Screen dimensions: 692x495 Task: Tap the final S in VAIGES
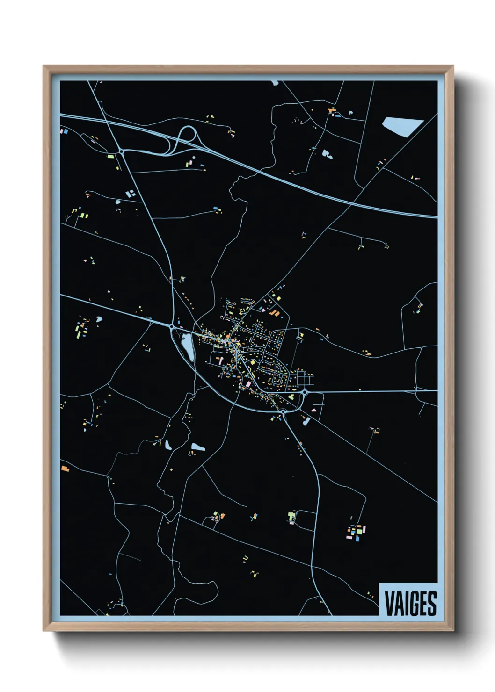point(432,604)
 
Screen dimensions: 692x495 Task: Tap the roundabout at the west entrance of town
point(172,326)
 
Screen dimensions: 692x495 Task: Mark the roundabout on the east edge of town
point(304,392)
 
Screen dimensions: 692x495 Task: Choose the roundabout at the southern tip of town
point(283,411)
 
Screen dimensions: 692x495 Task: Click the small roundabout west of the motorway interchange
point(122,151)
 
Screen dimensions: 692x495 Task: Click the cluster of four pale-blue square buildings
point(131,193)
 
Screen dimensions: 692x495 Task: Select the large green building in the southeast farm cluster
point(359,531)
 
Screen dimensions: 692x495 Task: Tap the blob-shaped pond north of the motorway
point(326,153)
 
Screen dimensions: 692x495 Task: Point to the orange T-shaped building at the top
point(333,111)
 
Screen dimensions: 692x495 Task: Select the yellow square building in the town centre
point(253,363)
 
